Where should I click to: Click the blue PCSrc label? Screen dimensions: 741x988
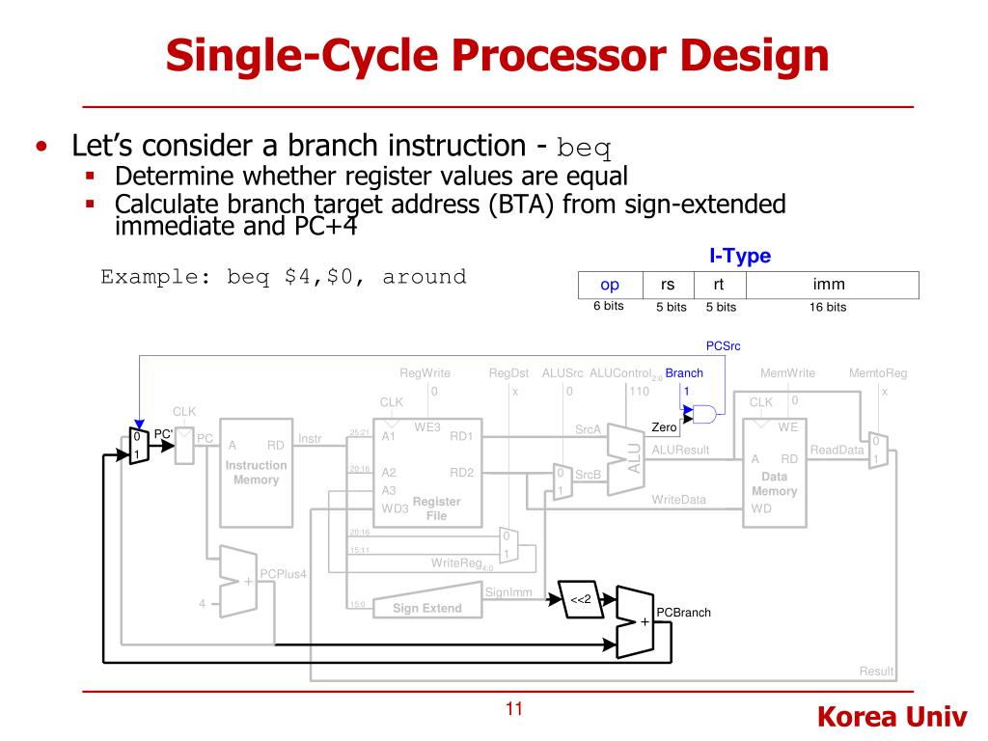tap(724, 345)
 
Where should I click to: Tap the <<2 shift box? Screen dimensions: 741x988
tap(580, 600)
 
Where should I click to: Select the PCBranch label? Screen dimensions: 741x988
tap(683, 613)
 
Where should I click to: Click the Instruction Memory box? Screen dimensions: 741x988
tap(256, 473)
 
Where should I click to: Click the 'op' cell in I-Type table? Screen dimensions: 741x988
tap(610, 285)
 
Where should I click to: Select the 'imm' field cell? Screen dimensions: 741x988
tap(829, 285)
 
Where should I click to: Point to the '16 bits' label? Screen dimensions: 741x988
tap(828, 308)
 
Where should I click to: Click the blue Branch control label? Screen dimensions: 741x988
tap(684, 373)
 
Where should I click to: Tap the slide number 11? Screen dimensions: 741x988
tap(513, 710)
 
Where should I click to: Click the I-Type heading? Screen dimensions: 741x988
tap(740, 256)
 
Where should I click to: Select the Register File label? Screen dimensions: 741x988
tap(436, 508)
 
